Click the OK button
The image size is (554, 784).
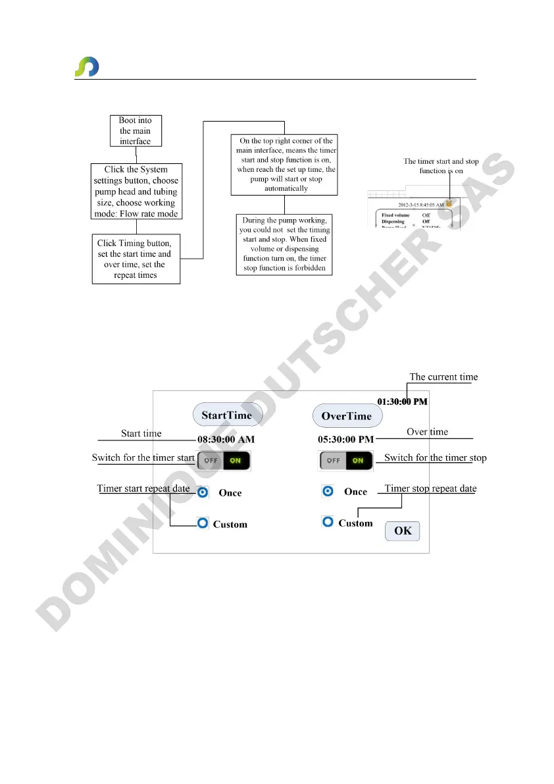pyautogui.click(x=402, y=531)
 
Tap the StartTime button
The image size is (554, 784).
pyautogui.click(x=227, y=415)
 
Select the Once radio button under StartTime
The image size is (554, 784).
pyautogui.click(x=203, y=492)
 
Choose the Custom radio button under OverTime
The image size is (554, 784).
pyautogui.click(x=327, y=522)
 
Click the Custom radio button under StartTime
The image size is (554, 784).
pyautogui.click(x=203, y=523)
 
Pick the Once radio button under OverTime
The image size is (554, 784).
pyautogui.click(x=327, y=491)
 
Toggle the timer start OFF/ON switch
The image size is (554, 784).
pyautogui.click(x=224, y=460)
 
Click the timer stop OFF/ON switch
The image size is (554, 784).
pyautogui.click(x=346, y=460)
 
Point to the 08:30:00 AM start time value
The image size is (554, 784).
pyautogui.click(x=226, y=439)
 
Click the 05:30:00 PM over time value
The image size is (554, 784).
pyautogui.click(x=345, y=439)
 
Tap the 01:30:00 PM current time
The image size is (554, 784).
pyautogui.click(x=402, y=401)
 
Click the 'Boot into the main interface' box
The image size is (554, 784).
pyautogui.click(x=135, y=131)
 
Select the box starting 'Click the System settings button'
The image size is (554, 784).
pyautogui.click(x=136, y=192)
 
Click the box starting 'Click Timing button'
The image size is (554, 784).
pyautogui.click(x=135, y=259)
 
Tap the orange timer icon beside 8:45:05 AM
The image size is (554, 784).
pyautogui.click(x=449, y=204)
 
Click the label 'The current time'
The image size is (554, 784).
pyautogui.click(x=443, y=377)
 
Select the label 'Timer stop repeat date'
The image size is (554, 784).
pyautogui.click(x=430, y=488)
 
